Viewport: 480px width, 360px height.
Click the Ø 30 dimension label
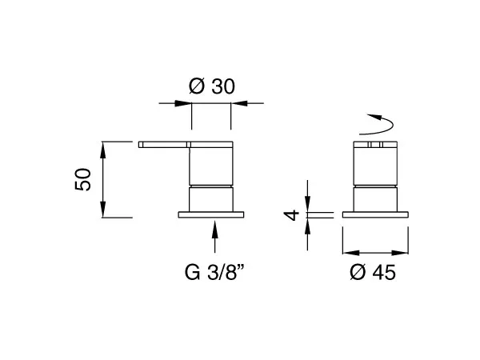click(212, 86)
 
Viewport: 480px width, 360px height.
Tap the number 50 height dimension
click(83, 179)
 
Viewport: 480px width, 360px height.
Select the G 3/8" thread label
click(214, 272)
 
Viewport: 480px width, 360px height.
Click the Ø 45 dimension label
click(373, 272)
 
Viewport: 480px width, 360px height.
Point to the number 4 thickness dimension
click(291, 215)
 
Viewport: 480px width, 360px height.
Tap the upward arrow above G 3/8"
click(215, 237)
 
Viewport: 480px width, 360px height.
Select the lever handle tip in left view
click(141, 145)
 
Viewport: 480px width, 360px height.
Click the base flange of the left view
click(211, 214)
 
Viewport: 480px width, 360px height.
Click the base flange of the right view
click(375, 214)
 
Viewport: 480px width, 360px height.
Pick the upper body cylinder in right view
click(375, 166)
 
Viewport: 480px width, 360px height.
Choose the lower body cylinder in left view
click(211, 199)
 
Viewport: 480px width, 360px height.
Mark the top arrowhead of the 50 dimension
click(103, 150)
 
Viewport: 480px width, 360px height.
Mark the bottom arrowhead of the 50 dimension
click(103, 210)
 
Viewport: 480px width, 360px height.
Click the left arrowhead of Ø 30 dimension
click(183, 103)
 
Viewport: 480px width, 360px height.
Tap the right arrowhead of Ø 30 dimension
click(239, 103)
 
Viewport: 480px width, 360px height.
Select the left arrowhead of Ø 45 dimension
click(351, 253)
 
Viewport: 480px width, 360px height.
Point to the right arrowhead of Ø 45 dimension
click(400, 253)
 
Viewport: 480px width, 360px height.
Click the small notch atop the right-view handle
click(375, 145)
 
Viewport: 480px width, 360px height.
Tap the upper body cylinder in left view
click(211, 166)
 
